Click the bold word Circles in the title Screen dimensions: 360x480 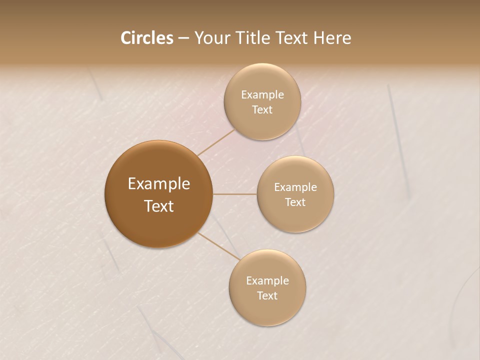[x=146, y=38]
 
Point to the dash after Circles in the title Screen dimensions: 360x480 [x=183, y=38]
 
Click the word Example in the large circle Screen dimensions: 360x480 [x=158, y=184]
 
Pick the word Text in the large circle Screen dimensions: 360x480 [x=158, y=206]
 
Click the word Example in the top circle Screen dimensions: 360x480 [x=262, y=95]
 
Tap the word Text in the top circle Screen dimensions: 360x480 [x=262, y=109]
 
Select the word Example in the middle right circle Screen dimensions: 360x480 [x=295, y=187]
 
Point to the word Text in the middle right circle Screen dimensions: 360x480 [x=295, y=202]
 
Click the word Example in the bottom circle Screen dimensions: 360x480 [x=267, y=281]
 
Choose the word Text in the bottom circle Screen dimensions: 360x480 [x=267, y=295]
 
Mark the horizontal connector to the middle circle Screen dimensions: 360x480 [x=235, y=194]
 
